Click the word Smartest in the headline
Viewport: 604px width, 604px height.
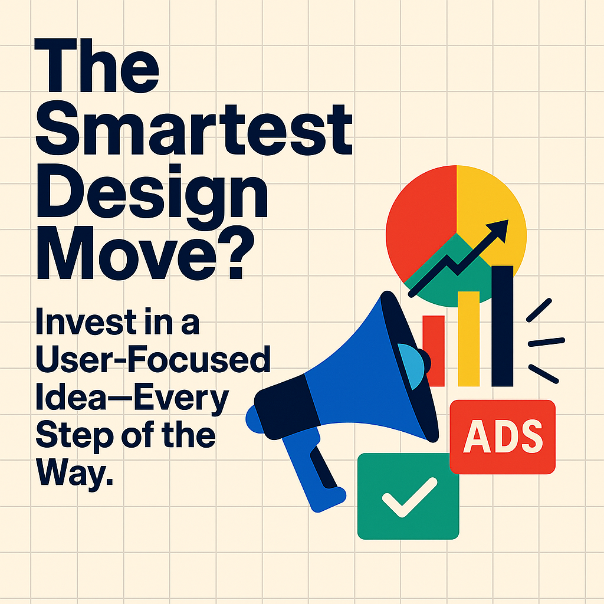click(x=193, y=129)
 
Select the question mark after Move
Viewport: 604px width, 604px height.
click(x=236, y=252)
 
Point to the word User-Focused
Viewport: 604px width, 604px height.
click(x=153, y=359)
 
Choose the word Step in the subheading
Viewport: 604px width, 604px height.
click(x=74, y=436)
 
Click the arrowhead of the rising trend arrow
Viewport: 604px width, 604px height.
click(x=500, y=229)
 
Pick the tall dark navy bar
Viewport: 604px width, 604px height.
click(x=503, y=326)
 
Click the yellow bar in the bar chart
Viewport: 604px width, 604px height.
click(x=469, y=339)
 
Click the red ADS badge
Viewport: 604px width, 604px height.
click(x=503, y=437)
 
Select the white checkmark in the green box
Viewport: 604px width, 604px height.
click(x=409, y=497)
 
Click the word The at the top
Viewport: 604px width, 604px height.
click(x=97, y=65)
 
